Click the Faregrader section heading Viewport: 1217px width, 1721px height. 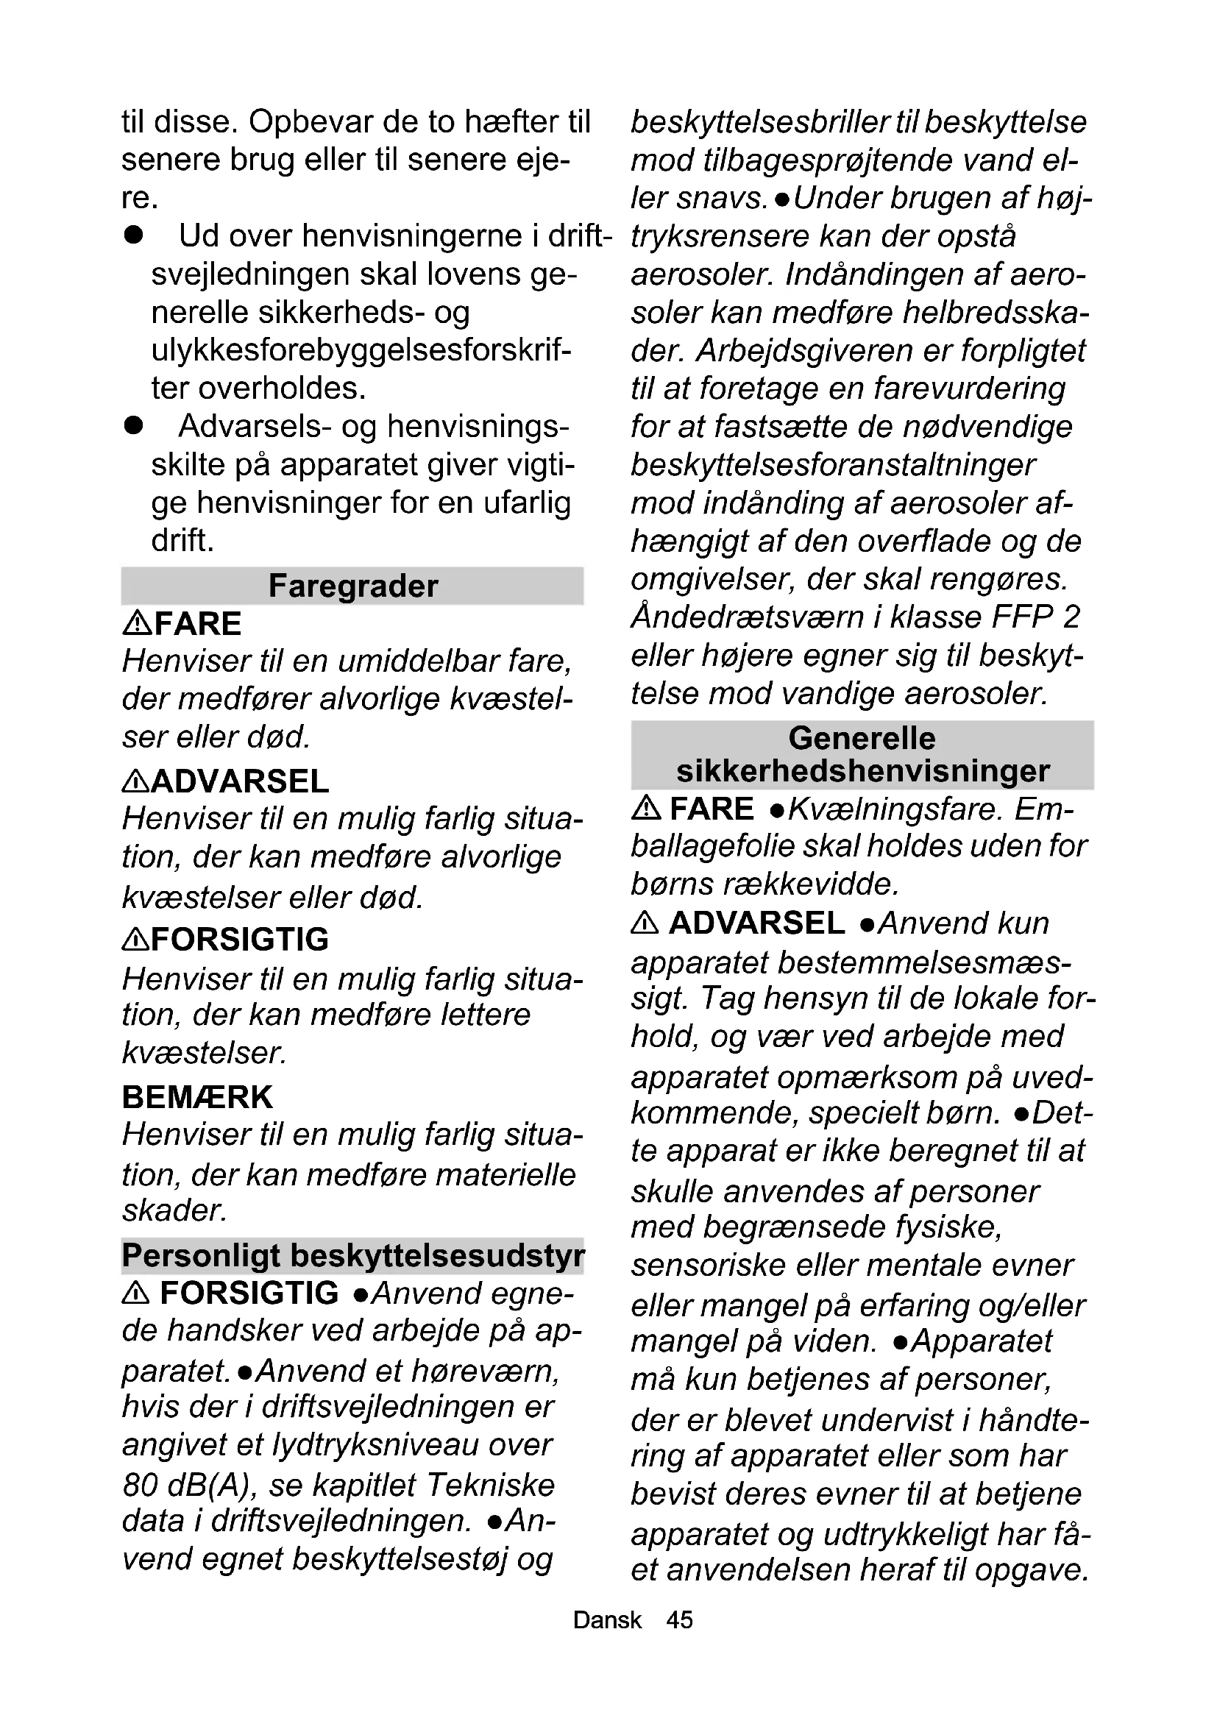(x=352, y=586)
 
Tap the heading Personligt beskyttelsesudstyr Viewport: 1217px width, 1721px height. (x=352, y=1255)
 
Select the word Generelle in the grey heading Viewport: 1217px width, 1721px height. (x=862, y=738)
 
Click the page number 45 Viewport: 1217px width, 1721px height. (x=680, y=1619)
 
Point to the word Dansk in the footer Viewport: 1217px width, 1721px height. (x=607, y=1619)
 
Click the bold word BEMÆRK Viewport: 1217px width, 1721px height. (x=197, y=1097)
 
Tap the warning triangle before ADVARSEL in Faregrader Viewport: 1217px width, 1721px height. (x=135, y=782)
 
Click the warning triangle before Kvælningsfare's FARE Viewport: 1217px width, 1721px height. (x=646, y=808)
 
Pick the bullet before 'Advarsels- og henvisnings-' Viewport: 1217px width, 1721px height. (x=134, y=427)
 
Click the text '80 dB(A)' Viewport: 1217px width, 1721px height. (x=185, y=1485)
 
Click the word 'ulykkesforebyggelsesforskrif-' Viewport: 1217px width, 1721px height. (x=361, y=350)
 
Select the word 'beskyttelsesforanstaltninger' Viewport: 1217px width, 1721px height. (x=833, y=465)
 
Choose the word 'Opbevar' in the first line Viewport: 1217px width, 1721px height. (x=311, y=122)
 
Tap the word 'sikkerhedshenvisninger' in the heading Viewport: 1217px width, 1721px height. (x=862, y=771)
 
